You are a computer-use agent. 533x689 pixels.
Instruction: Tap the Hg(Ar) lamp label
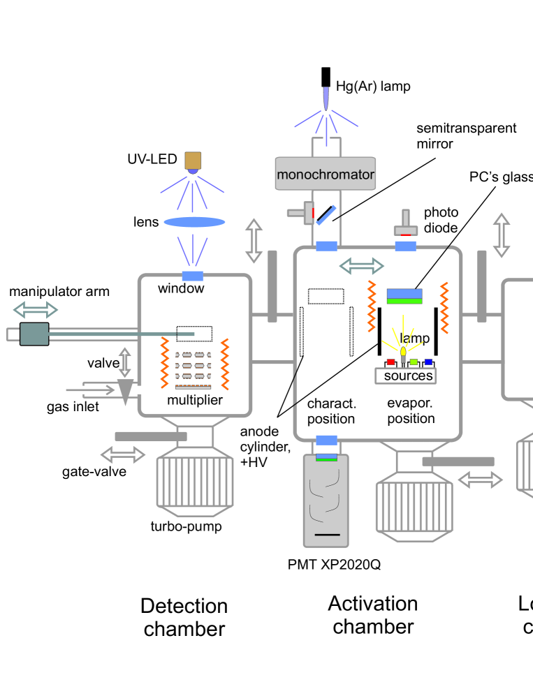point(374,87)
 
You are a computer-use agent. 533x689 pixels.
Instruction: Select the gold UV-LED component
point(193,161)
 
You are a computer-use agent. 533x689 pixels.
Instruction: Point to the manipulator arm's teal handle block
point(34,333)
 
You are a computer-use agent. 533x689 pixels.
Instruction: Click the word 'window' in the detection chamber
point(181,288)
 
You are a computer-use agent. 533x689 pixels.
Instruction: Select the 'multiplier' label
point(195,400)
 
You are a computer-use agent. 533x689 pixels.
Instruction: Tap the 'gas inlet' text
point(73,407)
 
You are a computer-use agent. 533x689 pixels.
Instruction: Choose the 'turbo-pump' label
point(187,526)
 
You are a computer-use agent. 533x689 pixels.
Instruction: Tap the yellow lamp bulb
point(404,350)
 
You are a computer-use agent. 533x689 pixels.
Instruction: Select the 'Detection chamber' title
point(184,616)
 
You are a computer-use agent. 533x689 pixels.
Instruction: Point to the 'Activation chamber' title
point(373,614)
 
